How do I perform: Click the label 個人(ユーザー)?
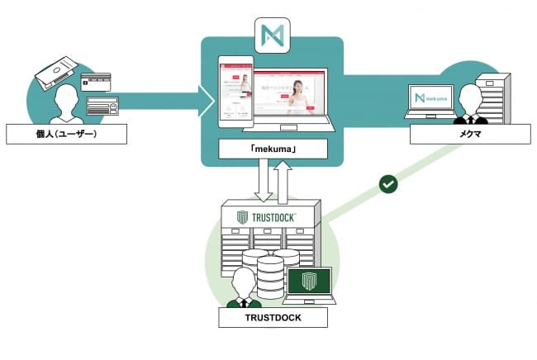(66, 134)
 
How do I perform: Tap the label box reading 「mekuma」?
(273, 149)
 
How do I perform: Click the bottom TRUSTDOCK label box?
(273, 316)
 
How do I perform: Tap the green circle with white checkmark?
(387, 183)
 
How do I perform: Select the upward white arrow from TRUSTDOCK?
(284, 180)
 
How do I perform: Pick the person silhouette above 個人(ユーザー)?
(59, 104)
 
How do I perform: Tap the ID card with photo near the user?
(102, 105)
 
